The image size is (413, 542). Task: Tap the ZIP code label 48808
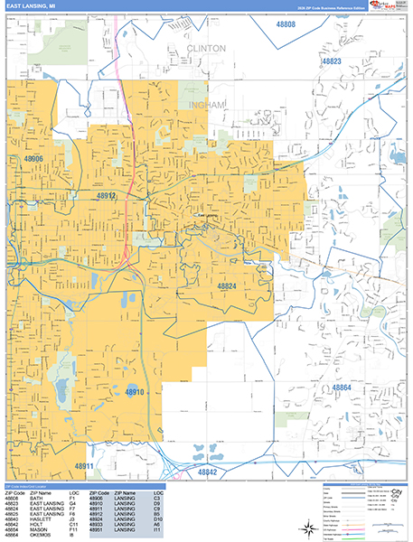click(285, 24)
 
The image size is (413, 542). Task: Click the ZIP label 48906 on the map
click(33, 159)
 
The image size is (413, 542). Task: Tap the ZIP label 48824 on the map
click(227, 285)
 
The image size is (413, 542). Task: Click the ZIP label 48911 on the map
click(84, 466)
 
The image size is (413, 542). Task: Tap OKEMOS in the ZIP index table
click(39, 535)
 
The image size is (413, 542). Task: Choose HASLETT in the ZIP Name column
click(39, 519)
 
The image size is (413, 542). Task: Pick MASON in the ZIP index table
click(37, 529)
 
